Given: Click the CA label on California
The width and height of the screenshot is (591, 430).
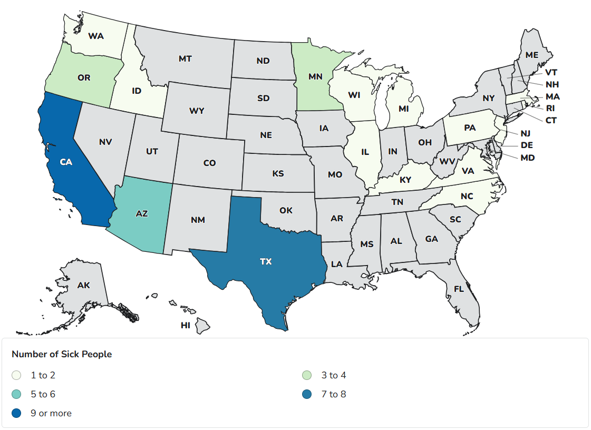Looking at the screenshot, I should [x=65, y=162].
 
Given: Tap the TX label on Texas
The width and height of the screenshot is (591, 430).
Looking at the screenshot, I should [x=266, y=261].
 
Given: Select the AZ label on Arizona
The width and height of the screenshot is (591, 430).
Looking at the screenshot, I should [x=142, y=213].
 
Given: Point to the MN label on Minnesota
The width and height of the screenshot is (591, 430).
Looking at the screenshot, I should [x=315, y=76].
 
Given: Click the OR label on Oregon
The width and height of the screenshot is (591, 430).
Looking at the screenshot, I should [x=84, y=78].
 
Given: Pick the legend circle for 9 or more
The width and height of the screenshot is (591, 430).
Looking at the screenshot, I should [x=17, y=413].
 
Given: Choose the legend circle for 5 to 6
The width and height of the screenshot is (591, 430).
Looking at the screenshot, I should [x=17, y=394].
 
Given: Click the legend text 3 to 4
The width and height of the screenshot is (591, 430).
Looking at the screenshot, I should [x=333, y=375].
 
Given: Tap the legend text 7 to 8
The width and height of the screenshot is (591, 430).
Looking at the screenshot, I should [x=333, y=394].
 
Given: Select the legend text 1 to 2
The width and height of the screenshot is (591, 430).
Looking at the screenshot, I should [x=43, y=375].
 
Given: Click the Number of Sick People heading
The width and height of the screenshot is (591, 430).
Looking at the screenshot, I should [x=62, y=354].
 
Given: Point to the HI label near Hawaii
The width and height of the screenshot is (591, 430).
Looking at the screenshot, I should [x=186, y=326].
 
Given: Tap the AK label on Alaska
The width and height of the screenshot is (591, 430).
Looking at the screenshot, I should [x=84, y=286].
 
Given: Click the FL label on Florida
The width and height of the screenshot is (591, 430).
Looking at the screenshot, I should [x=459, y=289].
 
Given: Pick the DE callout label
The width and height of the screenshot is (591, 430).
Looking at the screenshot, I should [x=527, y=145].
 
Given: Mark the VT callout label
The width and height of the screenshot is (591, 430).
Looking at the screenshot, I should [x=551, y=73].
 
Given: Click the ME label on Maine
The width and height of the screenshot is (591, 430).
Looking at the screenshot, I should [x=532, y=55].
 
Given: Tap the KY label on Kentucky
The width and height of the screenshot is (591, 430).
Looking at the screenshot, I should [x=405, y=180].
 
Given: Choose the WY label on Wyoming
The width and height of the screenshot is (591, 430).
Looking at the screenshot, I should [x=197, y=111].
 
